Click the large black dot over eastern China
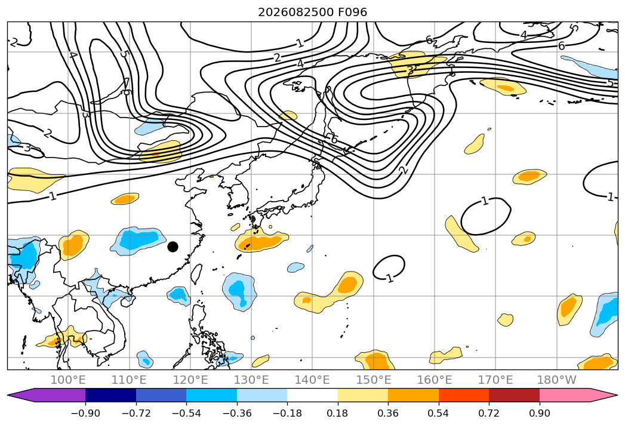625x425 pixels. pyautogui.click(x=173, y=247)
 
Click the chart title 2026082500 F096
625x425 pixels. pyautogui.click(x=313, y=13)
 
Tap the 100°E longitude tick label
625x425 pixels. pyautogui.click(x=68, y=380)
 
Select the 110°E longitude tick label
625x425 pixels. pyautogui.click(x=129, y=380)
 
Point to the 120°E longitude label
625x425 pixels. pyautogui.click(x=190, y=380)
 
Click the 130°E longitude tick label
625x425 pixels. pyautogui.click(x=251, y=380)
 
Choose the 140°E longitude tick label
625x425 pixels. pyautogui.click(x=312, y=380)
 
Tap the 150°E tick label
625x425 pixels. pyautogui.click(x=374, y=380)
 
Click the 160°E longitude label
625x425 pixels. pyautogui.click(x=435, y=380)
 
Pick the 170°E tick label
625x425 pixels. pyautogui.click(x=495, y=380)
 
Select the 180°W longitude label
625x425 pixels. pyautogui.click(x=557, y=380)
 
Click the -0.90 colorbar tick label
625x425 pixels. pyautogui.click(x=85, y=414)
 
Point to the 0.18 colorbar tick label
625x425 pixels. pyautogui.click(x=338, y=414)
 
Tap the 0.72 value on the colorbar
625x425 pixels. pyautogui.click(x=489, y=414)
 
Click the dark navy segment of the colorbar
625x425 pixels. pyautogui.click(x=111, y=395)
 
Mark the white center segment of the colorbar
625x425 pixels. pyautogui.click(x=313, y=395)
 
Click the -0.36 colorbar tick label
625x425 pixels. pyautogui.click(x=237, y=414)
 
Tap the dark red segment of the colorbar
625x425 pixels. pyautogui.click(x=514, y=395)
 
